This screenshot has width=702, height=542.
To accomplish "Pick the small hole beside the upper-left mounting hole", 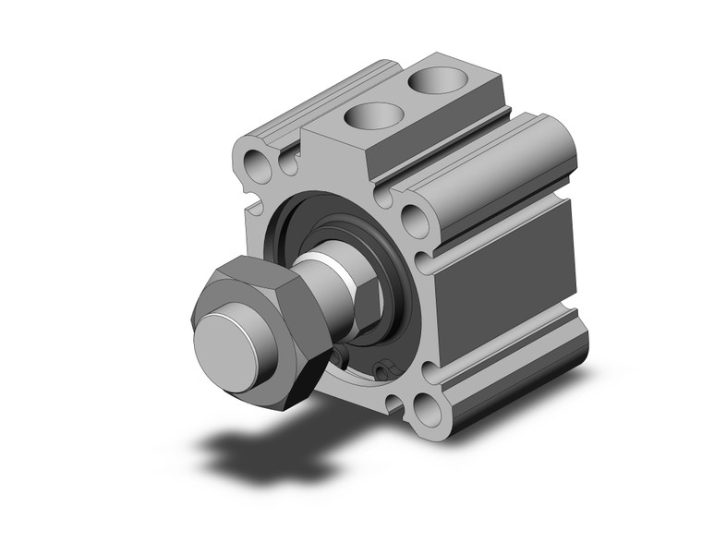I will tap(287, 163).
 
